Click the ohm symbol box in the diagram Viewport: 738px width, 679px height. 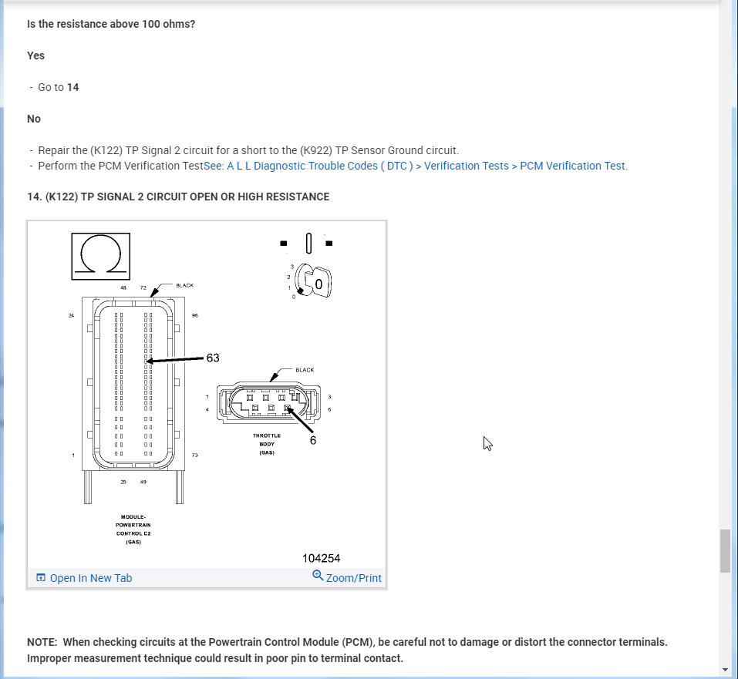(x=101, y=256)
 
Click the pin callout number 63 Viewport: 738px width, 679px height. (x=213, y=358)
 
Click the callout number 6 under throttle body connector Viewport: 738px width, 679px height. (x=313, y=440)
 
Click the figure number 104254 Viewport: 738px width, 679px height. (x=321, y=558)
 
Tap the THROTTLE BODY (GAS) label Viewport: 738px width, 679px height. (x=267, y=444)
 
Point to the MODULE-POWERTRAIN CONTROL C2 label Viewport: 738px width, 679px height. (x=129, y=529)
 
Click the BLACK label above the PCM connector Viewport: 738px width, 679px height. (x=185, y=285)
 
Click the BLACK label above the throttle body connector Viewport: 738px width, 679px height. (x=305, y=370)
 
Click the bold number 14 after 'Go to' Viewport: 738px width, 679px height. (x=73, y=87)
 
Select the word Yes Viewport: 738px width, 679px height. (x=35, y=55)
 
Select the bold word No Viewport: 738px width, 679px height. (x=34, y=119)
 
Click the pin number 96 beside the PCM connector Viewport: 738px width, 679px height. (x=195, y=315)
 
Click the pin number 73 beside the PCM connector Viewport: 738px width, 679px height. (x=195, y=455)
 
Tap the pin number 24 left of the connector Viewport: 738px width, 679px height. (x=71, y=315)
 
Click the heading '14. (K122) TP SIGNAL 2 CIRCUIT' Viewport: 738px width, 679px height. (x=178, y=197)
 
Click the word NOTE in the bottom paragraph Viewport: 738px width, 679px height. (x=42, y=642)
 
